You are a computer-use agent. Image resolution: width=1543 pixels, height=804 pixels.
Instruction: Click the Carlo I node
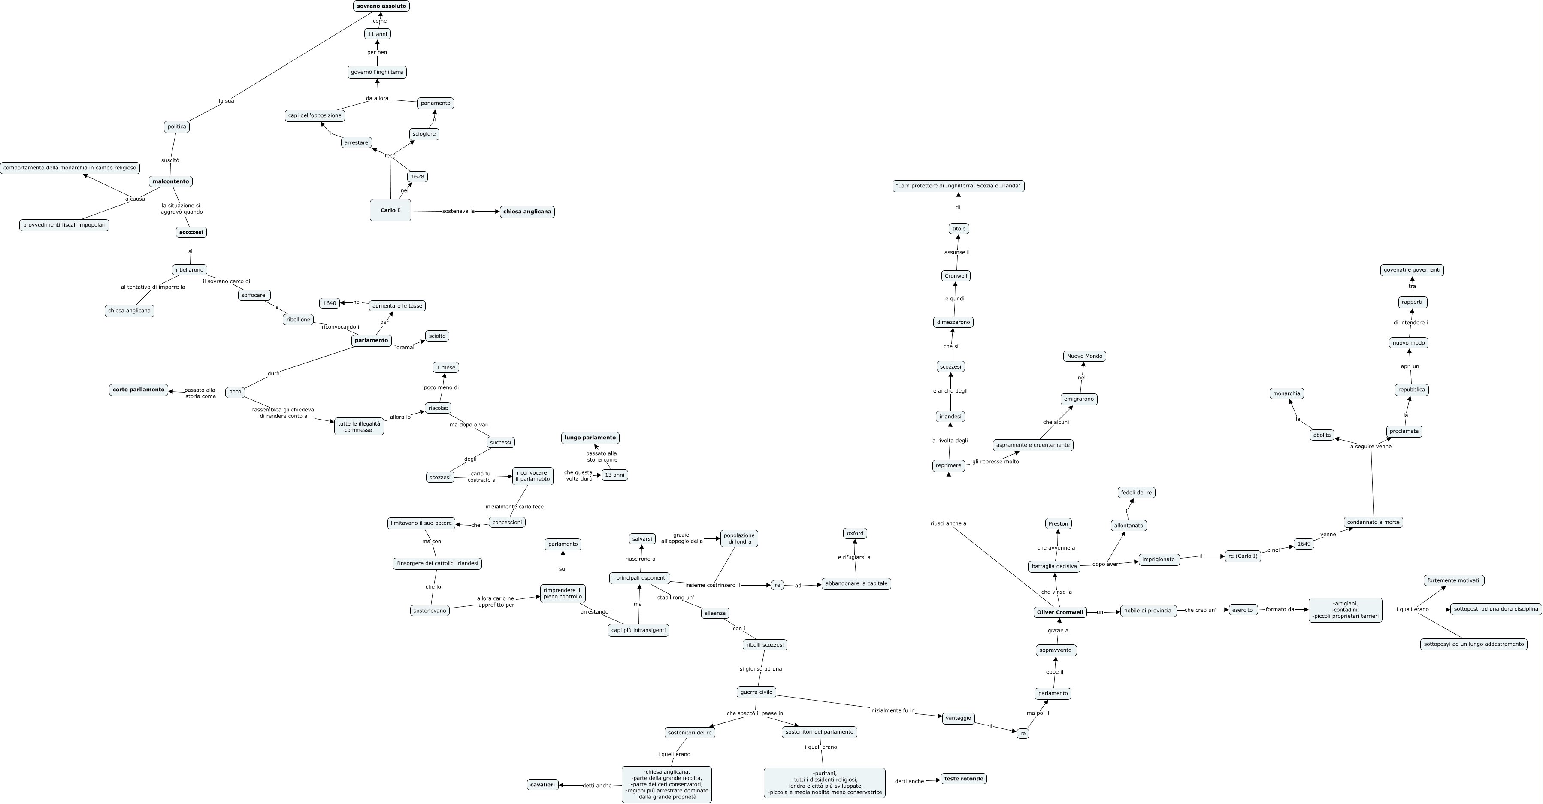[390, 210]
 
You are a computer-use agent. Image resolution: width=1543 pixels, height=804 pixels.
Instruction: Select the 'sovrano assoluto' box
[381, 6]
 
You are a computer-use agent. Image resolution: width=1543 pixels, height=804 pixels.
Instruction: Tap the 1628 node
[418, 177]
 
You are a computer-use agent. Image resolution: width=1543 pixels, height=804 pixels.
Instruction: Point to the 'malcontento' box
[171, 181]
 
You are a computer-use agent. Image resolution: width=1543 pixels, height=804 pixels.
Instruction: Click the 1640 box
[330, 303]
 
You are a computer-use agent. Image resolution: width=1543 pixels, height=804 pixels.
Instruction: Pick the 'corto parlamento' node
[138, 390]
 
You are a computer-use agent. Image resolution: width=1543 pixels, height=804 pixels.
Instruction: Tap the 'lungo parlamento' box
[590, 438]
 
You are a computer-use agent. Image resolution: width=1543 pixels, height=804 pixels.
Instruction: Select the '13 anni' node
[614, 475]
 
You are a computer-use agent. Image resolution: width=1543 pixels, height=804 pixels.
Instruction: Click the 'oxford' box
[855, 533]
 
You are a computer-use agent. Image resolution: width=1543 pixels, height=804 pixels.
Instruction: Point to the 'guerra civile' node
[756, 692]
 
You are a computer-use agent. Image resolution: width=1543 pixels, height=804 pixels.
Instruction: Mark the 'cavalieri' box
[543, 785]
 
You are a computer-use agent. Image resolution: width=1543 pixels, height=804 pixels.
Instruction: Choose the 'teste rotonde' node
[964, 779]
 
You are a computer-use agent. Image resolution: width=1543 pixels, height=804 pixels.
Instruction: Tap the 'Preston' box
[1059, 523]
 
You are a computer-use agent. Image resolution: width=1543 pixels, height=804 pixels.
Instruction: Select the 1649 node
[1304, 544]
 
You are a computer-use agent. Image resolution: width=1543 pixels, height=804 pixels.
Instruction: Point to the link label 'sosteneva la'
[458, 212]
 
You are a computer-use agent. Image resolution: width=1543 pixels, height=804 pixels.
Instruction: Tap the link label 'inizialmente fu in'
[892, 710]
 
